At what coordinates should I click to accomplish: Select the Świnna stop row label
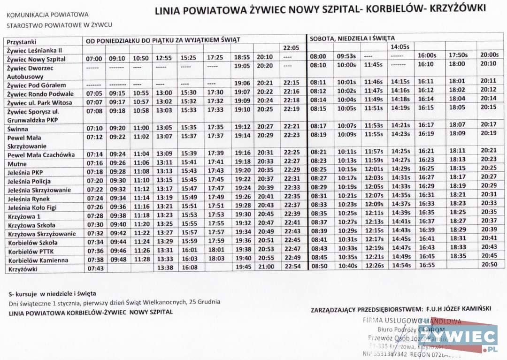[18, 129]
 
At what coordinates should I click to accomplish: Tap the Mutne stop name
[17, 164]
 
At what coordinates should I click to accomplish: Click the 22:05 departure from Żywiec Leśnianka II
[291, 48]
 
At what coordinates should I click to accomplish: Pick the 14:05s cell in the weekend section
[400, 46]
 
